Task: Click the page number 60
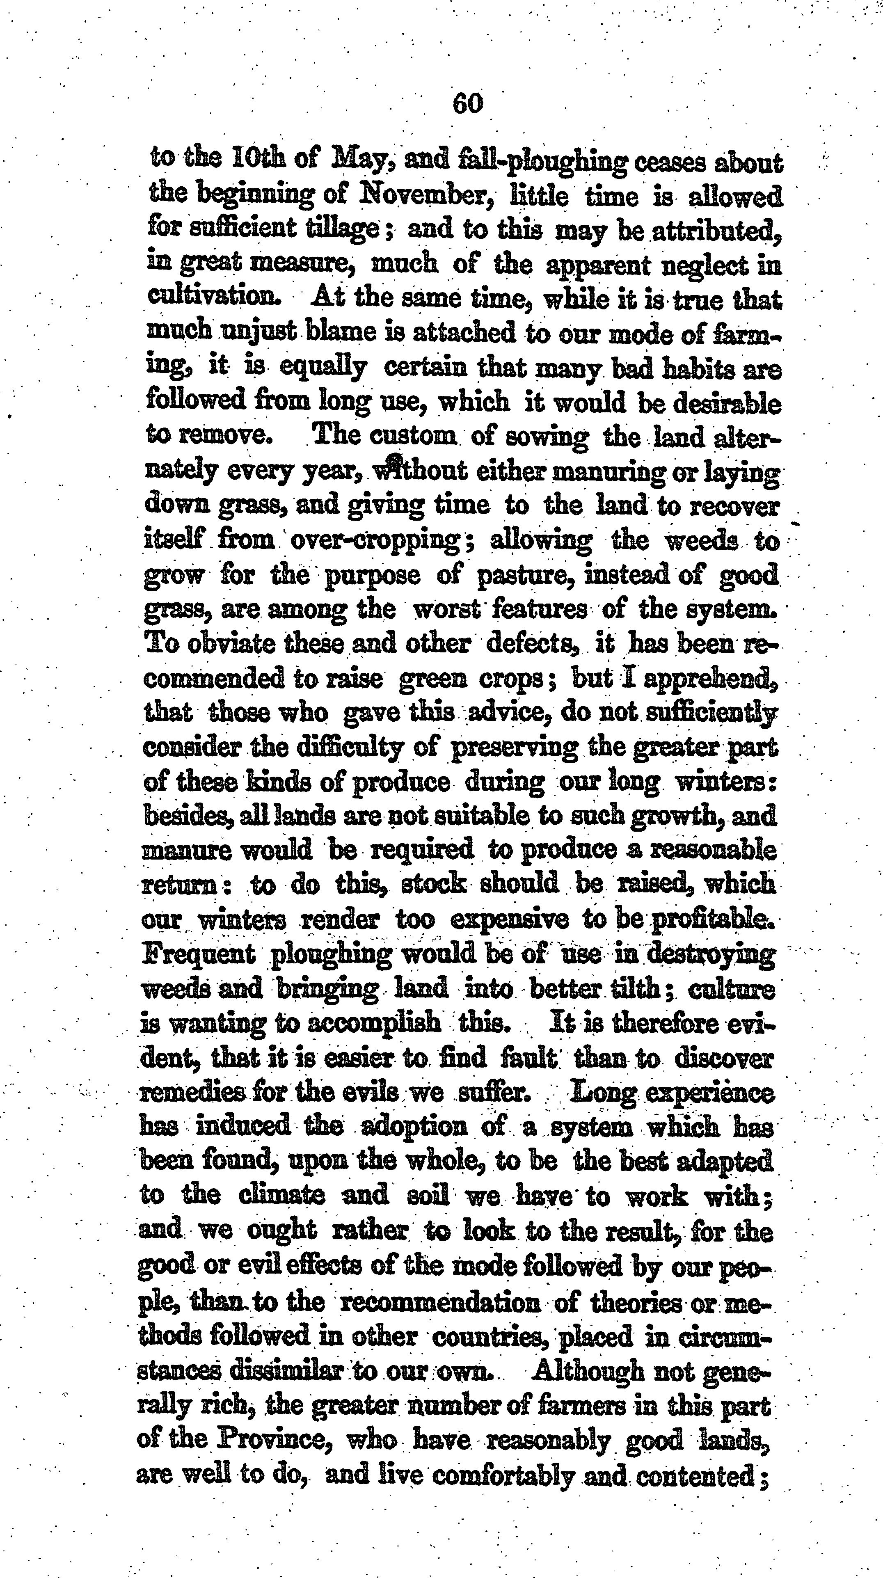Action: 467,103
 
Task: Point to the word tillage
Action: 348,231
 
